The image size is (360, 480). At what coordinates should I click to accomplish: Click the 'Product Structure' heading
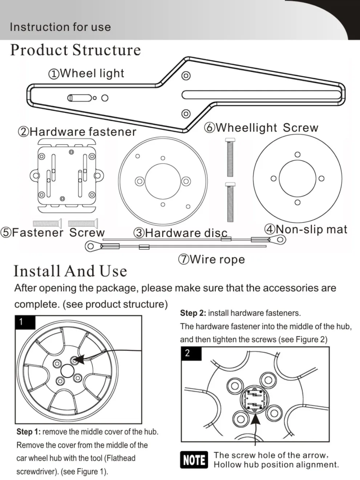tap(75, 50)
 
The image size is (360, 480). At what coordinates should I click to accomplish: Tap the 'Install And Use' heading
tap(70, 271)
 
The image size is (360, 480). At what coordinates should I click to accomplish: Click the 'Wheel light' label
tap(86, 73)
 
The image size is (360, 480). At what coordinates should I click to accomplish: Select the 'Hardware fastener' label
tap(77, 132)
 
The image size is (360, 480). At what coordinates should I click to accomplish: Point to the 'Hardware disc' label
tap(181, 233)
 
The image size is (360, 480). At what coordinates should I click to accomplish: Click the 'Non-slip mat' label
tap(306, 229)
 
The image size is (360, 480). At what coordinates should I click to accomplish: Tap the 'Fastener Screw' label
tap(53, 233)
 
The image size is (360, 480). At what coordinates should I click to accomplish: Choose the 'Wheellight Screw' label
tap(261, 128)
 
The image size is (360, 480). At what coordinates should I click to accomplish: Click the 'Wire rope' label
tap(211, 259)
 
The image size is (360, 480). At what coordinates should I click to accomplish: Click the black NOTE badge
tap(194, 460)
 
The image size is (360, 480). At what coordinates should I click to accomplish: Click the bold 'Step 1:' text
tap(28, 432)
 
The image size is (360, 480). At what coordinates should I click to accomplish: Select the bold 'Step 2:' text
tap(193, 313)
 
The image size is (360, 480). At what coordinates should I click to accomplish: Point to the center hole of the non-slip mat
tap(297, 178)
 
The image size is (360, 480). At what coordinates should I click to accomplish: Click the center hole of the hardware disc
tap(162, 181)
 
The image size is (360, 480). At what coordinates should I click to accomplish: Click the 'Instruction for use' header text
tap(60, 27)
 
